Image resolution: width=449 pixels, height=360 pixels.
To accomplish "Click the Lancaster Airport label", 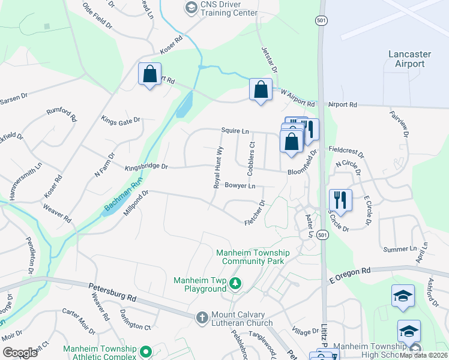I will click(411, 59).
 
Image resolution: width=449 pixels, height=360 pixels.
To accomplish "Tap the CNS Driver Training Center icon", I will click(191, 8).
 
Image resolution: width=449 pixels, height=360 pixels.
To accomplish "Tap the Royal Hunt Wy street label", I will click(219, 167).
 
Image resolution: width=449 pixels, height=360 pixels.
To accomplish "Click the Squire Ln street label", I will click(235, 130).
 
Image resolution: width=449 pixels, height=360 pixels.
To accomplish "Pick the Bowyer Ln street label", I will click(240, 186).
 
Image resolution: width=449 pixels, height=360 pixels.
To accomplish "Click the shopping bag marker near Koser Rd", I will click(149, 74).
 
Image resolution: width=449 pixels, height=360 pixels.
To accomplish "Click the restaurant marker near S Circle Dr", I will click(340, 200).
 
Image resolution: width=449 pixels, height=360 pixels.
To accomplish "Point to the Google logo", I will click(20, 352).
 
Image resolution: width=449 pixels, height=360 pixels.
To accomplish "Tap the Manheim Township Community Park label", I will click(253, 257).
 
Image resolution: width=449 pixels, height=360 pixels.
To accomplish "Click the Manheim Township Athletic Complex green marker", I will click(145, 352).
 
